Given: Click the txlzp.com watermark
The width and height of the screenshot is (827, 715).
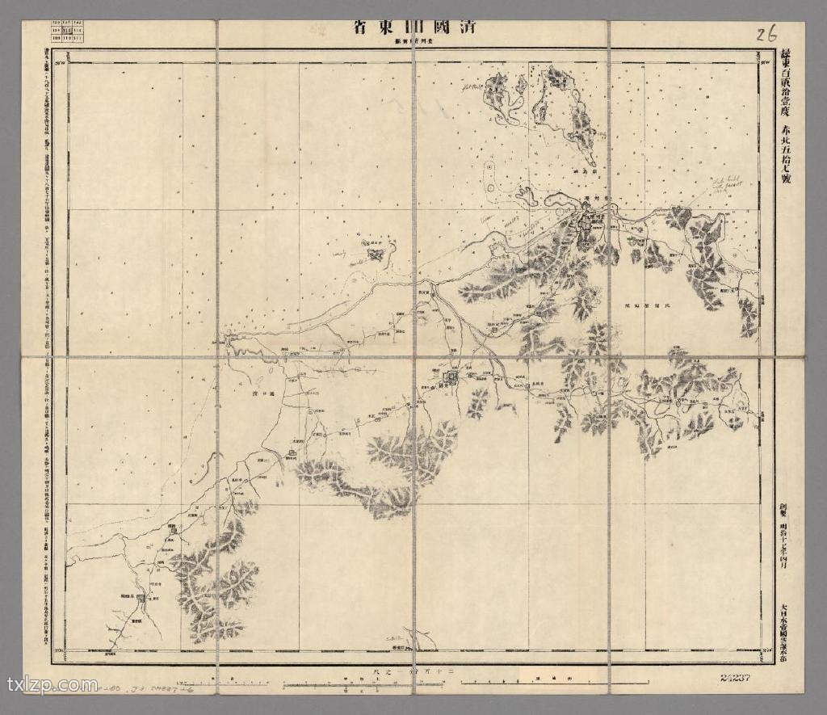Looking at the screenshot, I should click(52, 686).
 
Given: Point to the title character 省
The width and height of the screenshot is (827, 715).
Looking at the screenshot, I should click(362, 27).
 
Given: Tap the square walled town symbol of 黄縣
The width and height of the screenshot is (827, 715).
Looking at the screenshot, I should click(452, 376).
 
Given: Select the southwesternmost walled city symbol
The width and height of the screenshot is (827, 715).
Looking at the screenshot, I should click(141, 599).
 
